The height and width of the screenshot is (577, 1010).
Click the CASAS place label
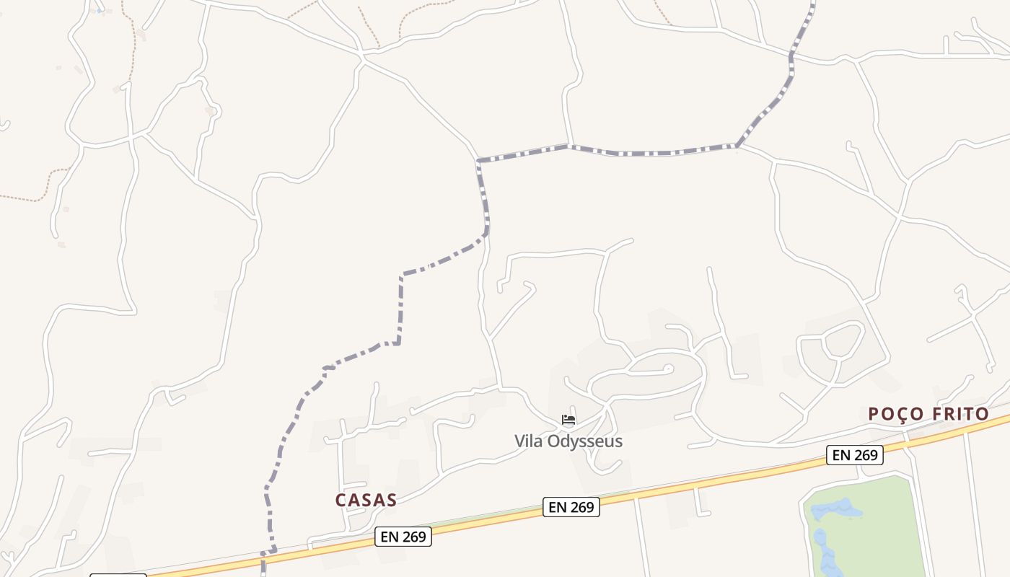[366, 500]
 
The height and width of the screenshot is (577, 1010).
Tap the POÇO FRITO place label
[928, 414]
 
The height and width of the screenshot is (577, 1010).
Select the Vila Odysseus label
[568, 441]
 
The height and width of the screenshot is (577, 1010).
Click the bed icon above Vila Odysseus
[568, 420]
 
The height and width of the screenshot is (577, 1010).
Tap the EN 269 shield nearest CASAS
[403, 537]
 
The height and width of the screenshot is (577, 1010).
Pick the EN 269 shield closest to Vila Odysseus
[571, 507]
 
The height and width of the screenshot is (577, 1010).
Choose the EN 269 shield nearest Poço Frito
[855, 455]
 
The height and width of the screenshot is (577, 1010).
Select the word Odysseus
[587, 441]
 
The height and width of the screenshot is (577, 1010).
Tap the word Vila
[529, 441]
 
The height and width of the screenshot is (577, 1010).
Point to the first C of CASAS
[341, 500]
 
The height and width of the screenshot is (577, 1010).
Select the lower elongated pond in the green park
[823, 552]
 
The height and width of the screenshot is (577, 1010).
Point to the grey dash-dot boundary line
[649, 153]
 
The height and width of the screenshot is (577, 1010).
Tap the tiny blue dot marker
[99, 11]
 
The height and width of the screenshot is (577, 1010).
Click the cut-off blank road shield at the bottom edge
[118, 575]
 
